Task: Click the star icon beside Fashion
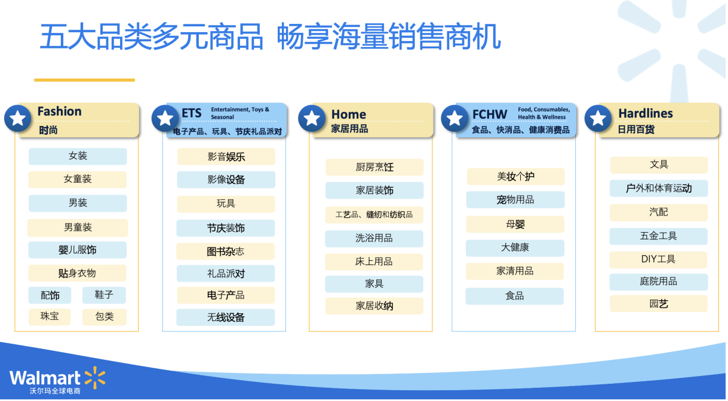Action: (18, 118)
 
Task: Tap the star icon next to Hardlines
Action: (598, 118)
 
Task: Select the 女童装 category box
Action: (78, 179)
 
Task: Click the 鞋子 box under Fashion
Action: (104, 295)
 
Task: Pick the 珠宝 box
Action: (50, 317)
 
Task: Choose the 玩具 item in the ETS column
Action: (226, 204)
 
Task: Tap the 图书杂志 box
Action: (226, 251)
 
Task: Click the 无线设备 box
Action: (226, 317)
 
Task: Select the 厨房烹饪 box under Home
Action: (374, 167)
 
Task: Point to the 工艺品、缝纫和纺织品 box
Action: (374, 215)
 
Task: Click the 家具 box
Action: (374, 284)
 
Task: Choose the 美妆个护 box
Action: (515, 177)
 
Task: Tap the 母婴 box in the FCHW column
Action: (515, 224)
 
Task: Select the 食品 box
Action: (514, 296)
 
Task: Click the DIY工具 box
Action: (658, 260)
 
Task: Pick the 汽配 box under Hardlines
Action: (659, 212)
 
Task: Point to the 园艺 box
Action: (659, 304)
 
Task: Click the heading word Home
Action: (348, 115)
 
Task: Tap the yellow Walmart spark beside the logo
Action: (95, 378)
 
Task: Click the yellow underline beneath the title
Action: (84, 80)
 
